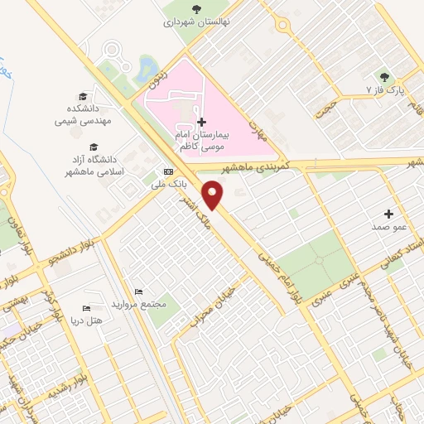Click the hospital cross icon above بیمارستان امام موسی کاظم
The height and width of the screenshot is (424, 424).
click(x=201, y=122)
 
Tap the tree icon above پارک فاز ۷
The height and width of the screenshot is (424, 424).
click(x=383, y=75)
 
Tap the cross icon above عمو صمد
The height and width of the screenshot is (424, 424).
click(x=388, y=214)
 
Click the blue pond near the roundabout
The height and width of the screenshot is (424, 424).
click(x=148, y=66)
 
